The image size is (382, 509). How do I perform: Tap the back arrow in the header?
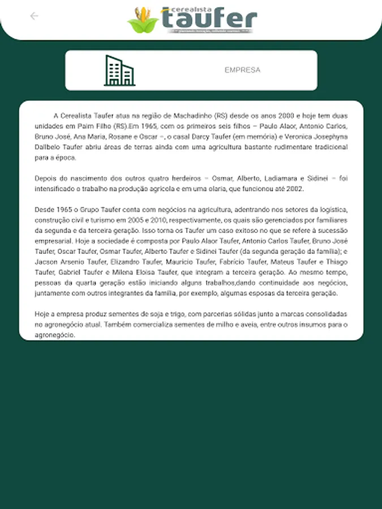[x=34, y=16]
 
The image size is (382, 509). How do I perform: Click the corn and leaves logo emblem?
[x=143, y=20]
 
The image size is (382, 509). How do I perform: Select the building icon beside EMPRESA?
[x=119, y=71]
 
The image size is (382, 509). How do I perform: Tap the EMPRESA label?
[x=242, y=70]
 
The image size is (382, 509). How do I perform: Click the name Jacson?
[x=46, y=262]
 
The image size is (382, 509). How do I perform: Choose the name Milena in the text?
[x=112, y=273]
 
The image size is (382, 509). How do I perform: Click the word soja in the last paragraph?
[x=146, y=314]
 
